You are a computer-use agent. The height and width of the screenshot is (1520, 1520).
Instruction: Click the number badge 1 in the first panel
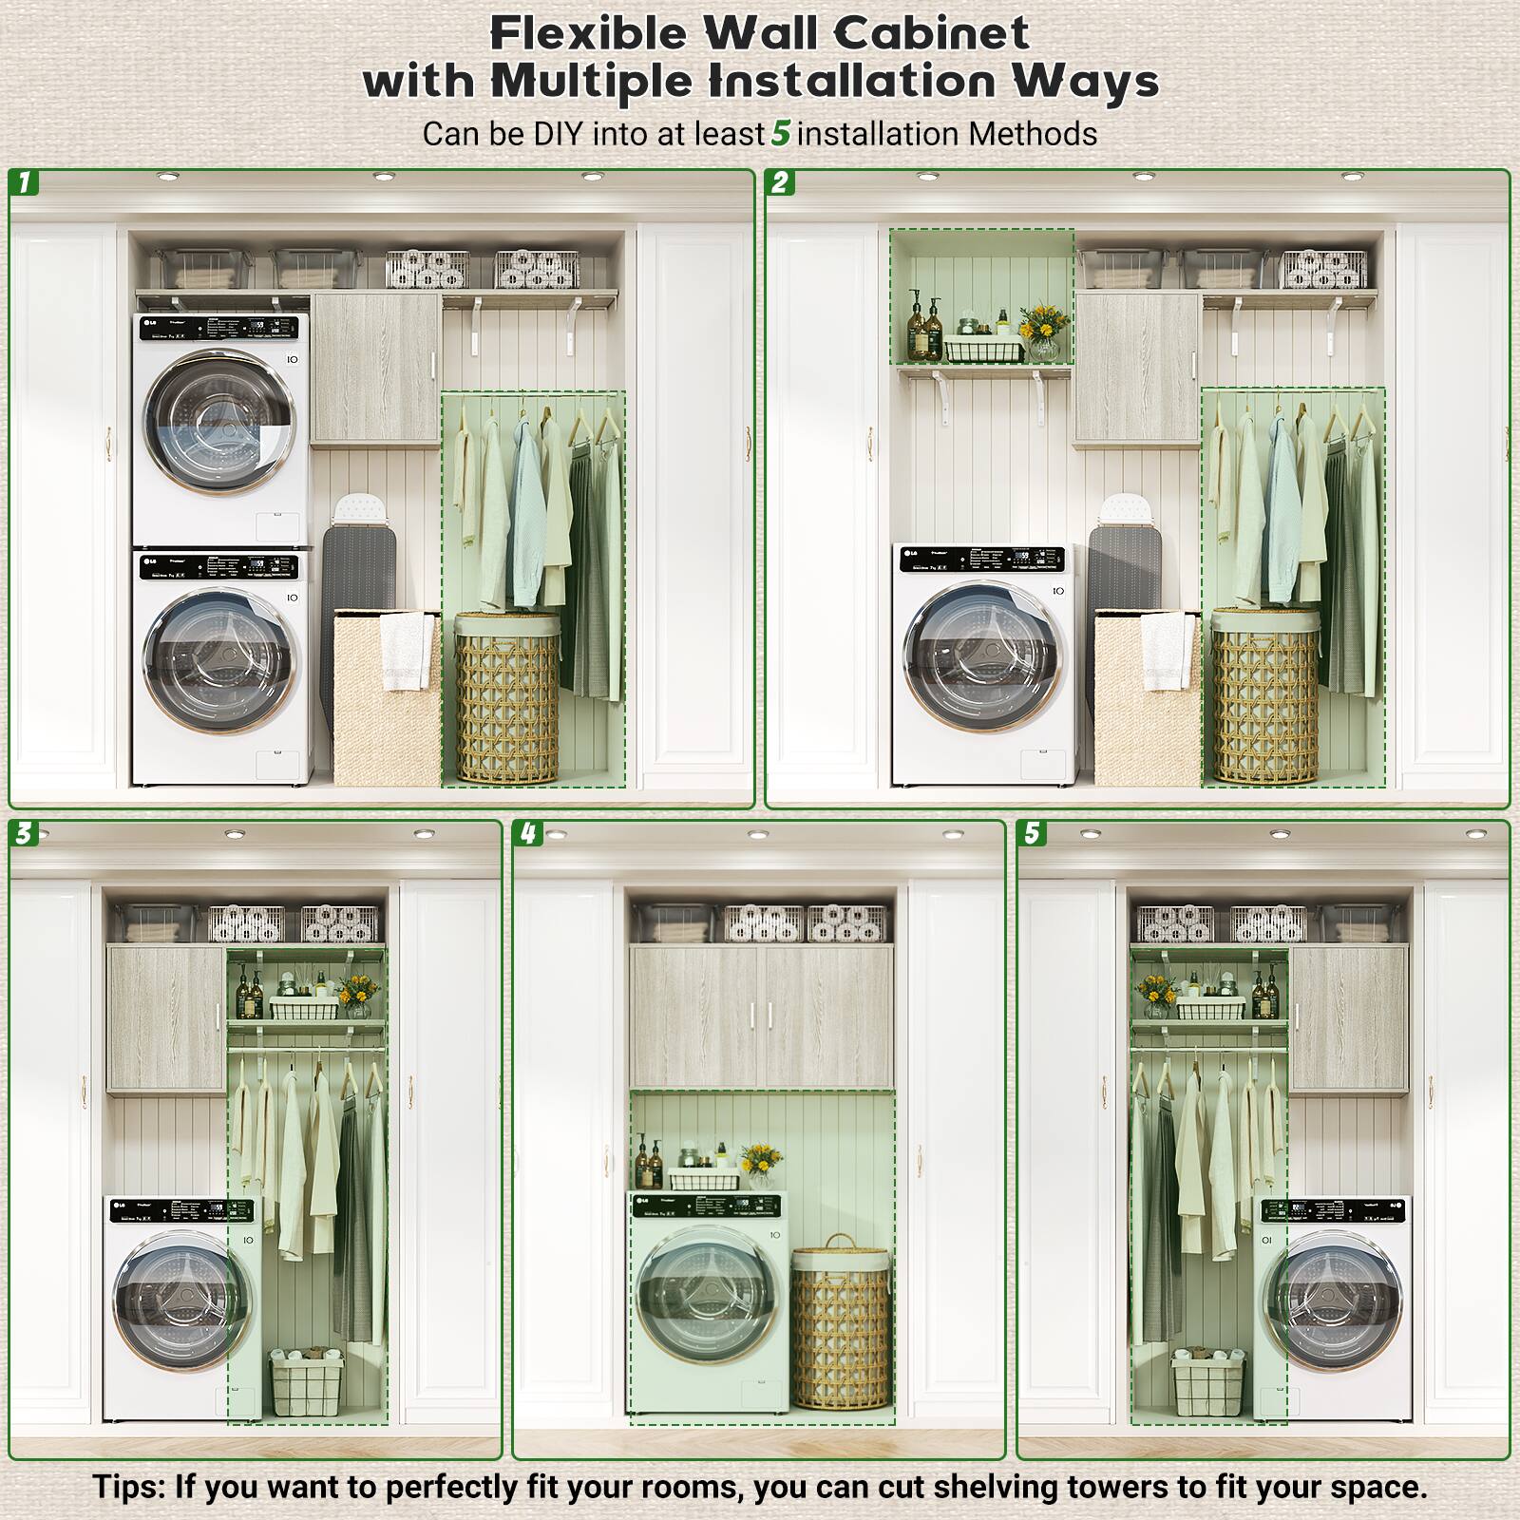(x=24, y=182)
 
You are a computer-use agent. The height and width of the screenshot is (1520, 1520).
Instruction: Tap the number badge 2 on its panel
(x=780, y=182)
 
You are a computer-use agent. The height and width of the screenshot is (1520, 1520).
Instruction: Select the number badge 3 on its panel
(x=24, y=834)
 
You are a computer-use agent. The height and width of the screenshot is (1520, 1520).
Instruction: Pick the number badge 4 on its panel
(x=528, y=834)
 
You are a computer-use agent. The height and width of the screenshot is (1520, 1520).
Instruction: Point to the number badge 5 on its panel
(x=1032, y=834)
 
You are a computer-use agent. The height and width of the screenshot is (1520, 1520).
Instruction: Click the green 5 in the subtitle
(x=780, y=133)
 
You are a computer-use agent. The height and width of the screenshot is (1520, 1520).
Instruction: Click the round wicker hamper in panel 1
(x=506, y=699)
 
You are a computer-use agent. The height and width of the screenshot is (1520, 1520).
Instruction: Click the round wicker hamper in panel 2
(x=1263, y=699)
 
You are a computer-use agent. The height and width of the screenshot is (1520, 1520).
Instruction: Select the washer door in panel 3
(x=184, y=1300)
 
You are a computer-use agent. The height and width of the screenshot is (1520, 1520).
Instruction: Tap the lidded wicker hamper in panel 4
(x=842, y=1324)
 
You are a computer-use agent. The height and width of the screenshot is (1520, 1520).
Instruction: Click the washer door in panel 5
(x=1332, y=1300)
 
